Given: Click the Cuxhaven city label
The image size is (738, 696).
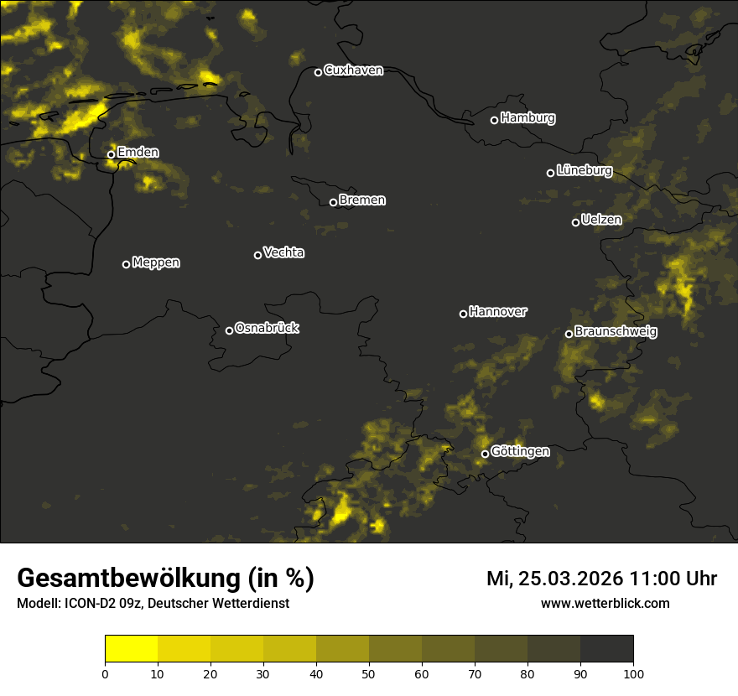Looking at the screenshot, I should click(x=353, y=70).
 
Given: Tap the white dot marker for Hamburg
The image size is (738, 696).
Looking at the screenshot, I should click(x=494, y=120).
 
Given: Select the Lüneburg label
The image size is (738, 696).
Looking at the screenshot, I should click(x=584, y=171).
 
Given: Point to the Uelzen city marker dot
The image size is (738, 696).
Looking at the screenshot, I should click(x=575, y=222).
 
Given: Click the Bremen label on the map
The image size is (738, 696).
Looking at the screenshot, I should click(x=362, y=200).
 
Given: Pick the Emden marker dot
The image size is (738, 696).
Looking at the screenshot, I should click(x=111, y=154).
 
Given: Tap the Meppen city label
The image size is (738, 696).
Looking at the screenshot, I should click(x=156, y=262).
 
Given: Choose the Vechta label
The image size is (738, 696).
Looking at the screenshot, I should click(x=283, y=252).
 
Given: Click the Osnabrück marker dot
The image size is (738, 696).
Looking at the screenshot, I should click(x=229, y=330).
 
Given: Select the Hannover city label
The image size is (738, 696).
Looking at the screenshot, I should click(x=498, y=312).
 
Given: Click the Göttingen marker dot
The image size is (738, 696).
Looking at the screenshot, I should click(x=485, y=454).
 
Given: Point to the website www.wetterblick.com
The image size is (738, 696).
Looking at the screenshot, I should click(x=605, y=603).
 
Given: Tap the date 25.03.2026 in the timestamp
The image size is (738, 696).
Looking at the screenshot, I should click(x=570, y=579).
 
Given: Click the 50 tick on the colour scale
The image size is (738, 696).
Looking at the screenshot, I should click(x=369, y=673).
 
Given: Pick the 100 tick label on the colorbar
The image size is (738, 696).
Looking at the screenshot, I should click(x=633, y=673).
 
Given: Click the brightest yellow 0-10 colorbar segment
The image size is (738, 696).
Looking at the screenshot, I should click(x=131, y=649).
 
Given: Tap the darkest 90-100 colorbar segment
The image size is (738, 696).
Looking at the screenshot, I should click(x=606, y=649).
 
